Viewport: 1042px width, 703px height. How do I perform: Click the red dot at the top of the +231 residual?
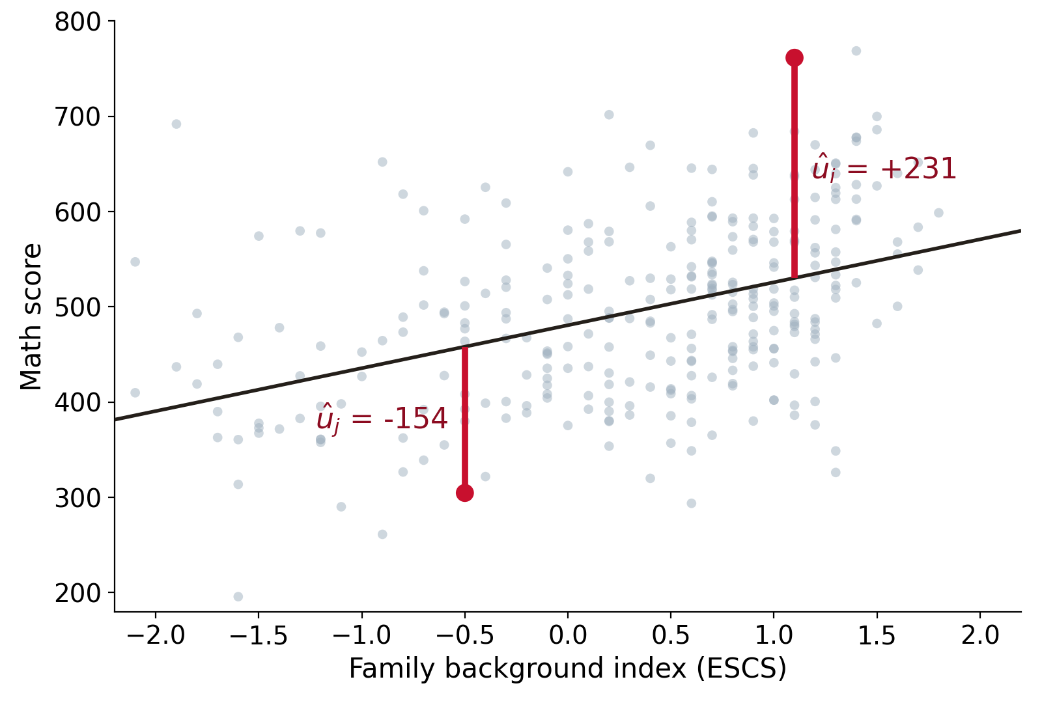(x=794, y=58)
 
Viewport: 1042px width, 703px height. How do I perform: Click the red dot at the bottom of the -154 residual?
(x=465, y=493)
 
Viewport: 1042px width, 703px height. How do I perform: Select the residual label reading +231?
(x=884, y=169)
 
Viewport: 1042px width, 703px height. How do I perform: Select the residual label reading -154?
(x=382, y=419)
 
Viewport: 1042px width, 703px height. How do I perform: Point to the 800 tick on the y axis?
(x=111, y=21)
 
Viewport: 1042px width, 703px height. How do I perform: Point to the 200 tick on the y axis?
(x=111, y=592)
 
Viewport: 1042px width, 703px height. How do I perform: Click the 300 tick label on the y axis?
(x=77, y=497)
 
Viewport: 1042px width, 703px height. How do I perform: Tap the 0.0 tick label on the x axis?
(x=567, y=635)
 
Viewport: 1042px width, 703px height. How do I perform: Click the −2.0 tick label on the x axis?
(x=156, y=635)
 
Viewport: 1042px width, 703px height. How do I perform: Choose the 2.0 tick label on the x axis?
(x=980, y=635)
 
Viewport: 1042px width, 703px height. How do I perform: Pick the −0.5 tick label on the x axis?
(x=465, y=635)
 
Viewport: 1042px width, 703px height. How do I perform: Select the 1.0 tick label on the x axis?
(x=774, y=635)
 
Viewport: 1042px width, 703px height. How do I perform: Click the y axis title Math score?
(x=31, y=317)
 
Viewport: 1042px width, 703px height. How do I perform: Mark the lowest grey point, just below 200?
(x=238, y=596)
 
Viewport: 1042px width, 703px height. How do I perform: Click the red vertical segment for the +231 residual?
(x=794, y=168)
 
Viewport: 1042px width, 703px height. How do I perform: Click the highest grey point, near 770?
(x=856, y=51)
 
